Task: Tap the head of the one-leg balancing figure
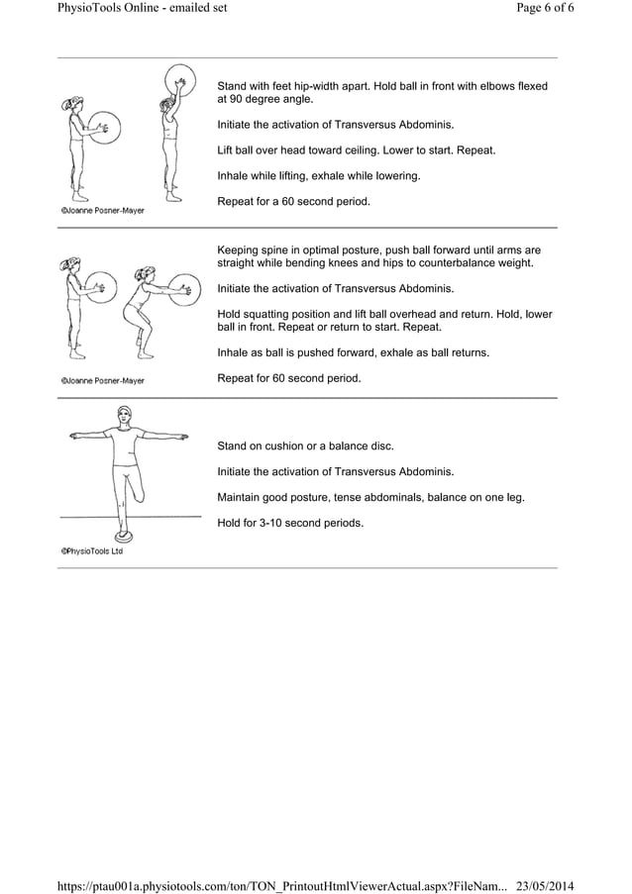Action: tap(124, 415)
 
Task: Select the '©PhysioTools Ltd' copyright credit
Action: tap(92, 551)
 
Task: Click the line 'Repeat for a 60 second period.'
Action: tap(293, 202)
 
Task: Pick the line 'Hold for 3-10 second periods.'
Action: tap(290, 523)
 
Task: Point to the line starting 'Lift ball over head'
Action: tap(357, 150)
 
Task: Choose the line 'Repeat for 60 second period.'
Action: tap(289, 378)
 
